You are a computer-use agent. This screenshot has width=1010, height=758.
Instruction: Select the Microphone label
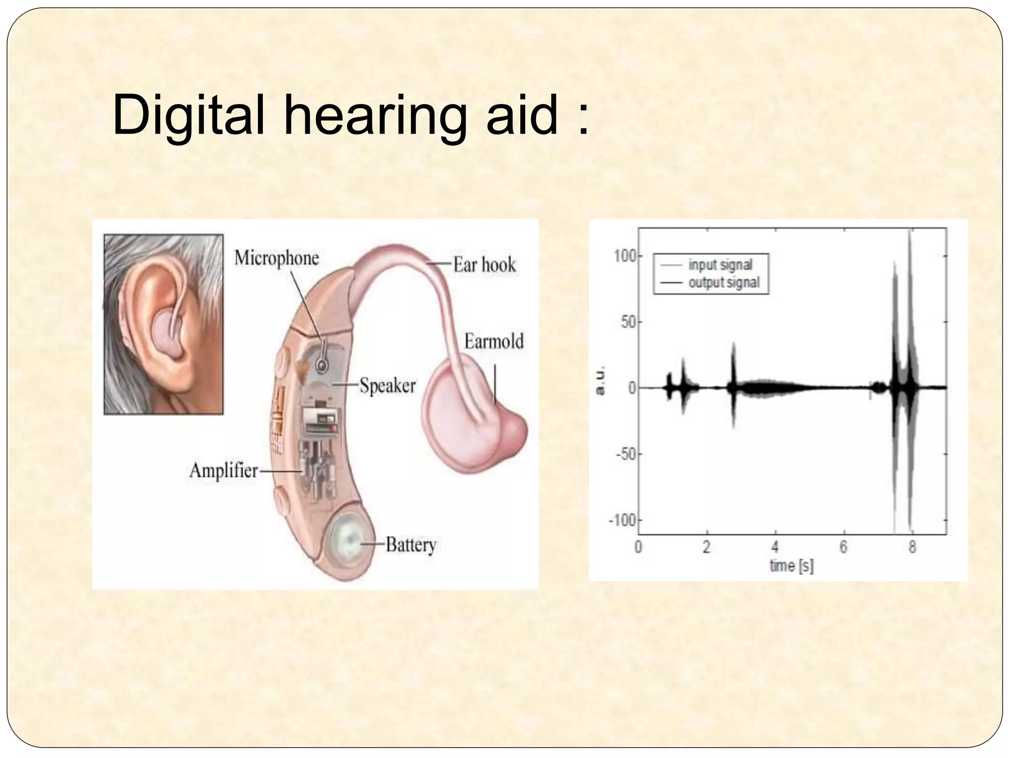(276, 258)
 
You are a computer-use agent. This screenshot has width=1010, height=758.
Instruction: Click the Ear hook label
(484, 265)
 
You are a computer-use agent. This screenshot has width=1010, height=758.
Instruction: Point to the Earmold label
(494, 341)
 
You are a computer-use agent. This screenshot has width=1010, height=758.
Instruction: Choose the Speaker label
(387, 385)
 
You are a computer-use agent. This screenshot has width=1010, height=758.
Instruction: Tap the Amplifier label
(223, 470)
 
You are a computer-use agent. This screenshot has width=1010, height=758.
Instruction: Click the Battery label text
(411, 545)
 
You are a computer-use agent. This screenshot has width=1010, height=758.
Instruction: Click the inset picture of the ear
(163, 324)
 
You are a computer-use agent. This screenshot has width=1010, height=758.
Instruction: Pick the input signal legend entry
(720, 265)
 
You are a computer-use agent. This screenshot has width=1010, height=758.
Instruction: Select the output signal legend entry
(724, 283)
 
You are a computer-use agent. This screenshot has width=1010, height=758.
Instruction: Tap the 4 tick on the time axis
(775, 547)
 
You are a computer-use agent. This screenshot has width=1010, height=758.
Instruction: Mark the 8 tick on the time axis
(912, 547)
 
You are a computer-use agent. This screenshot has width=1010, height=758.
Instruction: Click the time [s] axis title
(792, 566)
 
